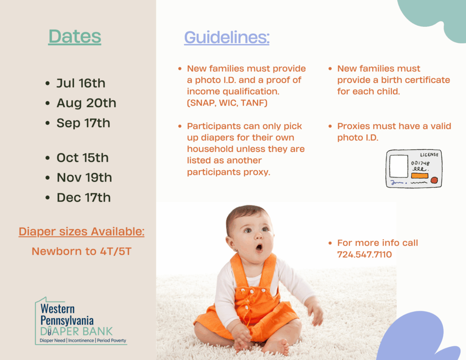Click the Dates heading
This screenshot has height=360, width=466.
(x=75, y=36)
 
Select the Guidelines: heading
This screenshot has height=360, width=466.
(x=227, y=37)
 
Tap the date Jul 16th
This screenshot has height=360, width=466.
(x=81, y=83)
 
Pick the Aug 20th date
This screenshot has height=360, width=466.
(x=86, y=103)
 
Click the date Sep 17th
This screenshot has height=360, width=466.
(x=83, y=123)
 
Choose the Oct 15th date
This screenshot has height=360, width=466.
(x=83, y=158)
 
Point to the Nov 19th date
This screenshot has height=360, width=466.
(x=84, y=178)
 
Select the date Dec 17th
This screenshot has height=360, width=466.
(x=84, y=198)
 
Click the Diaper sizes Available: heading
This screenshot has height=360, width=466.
(x=81, y=232)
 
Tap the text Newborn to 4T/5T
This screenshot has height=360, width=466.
(x=81, y=252)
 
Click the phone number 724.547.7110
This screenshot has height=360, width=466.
(x=365, y=254)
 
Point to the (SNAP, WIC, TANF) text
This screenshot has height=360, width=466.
(x=227, y=103)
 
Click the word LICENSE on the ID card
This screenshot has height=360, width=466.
(x=429, y=155)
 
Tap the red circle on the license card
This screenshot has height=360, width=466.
(x=434, y=180)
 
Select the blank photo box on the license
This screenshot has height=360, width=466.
(x=399, y=166)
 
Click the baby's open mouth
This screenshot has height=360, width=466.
(x=259, y=247)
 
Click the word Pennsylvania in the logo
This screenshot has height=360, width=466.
(x=67, y=321)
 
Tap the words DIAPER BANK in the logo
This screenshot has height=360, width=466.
(x=76, y=331)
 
